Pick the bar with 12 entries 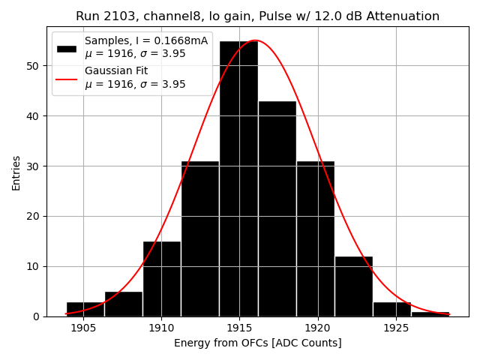tap(353, 286)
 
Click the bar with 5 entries tap(124, 304)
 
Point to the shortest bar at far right tap(430, 313)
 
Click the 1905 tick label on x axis tap(83, 328)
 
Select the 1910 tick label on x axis tap(161, 328)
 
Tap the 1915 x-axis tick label tap(239, 328)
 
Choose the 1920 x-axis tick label tap(317, 328)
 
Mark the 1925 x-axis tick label tap(396, 328)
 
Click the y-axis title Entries tap(16, 172)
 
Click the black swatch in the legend tap(67, 47)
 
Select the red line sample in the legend tap(67, 78)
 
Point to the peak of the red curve tap(255, 40)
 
